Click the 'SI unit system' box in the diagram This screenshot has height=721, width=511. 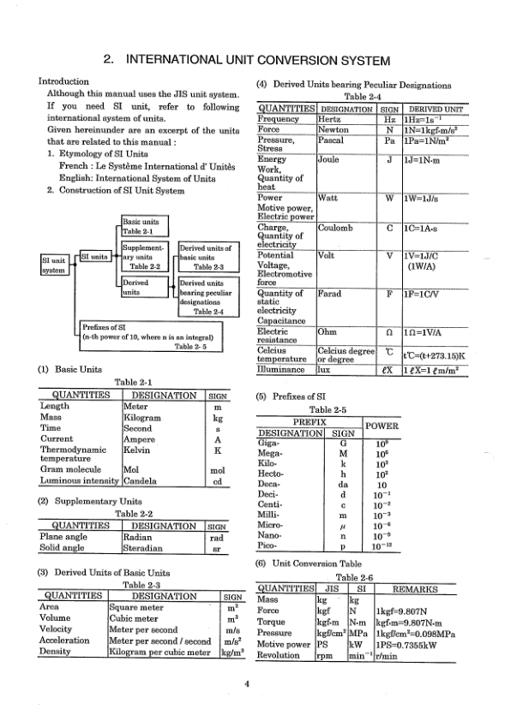tap(53, 264)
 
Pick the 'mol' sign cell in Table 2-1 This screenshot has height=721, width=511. tap(219, 469)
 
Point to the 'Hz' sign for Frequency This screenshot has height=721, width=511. tap(390, 117)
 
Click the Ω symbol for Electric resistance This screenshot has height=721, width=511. tap(390, 332)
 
